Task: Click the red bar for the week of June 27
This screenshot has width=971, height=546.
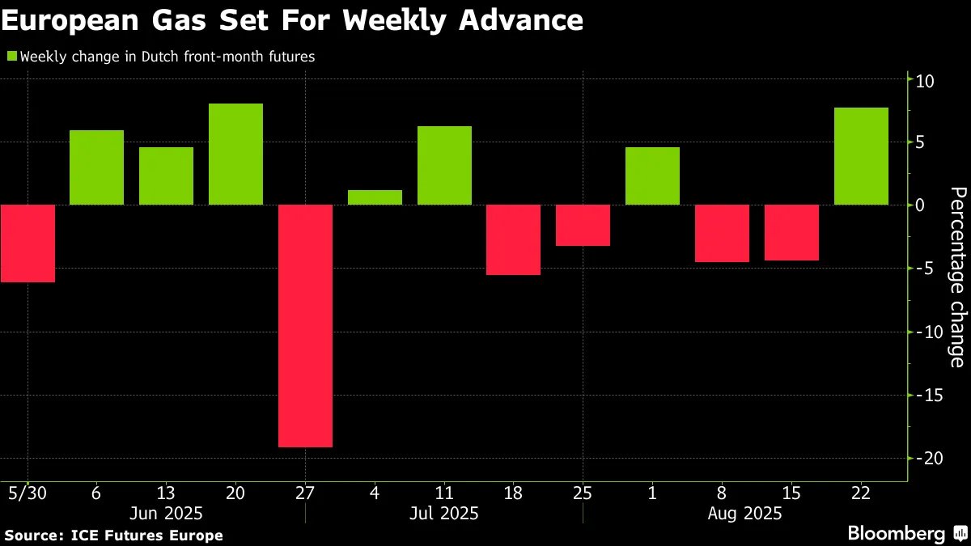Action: [305, 325]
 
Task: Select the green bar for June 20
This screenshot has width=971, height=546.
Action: [235, 154]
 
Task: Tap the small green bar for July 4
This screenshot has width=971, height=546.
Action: [375, 197]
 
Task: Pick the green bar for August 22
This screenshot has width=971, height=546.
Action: [861, 156]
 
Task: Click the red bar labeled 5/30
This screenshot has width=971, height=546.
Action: [28, 243]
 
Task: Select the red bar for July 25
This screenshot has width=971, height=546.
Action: [583, 225]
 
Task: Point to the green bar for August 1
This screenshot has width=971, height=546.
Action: [652, 176]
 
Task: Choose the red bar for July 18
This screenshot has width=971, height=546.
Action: [513, 239]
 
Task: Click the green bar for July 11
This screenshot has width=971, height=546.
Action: [444, 165]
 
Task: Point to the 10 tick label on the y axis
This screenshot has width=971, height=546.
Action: [926, 81]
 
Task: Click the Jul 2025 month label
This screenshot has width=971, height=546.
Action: [443, 513]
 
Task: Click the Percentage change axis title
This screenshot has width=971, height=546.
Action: [958, 277]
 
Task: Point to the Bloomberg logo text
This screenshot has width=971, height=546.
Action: [896, 534]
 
